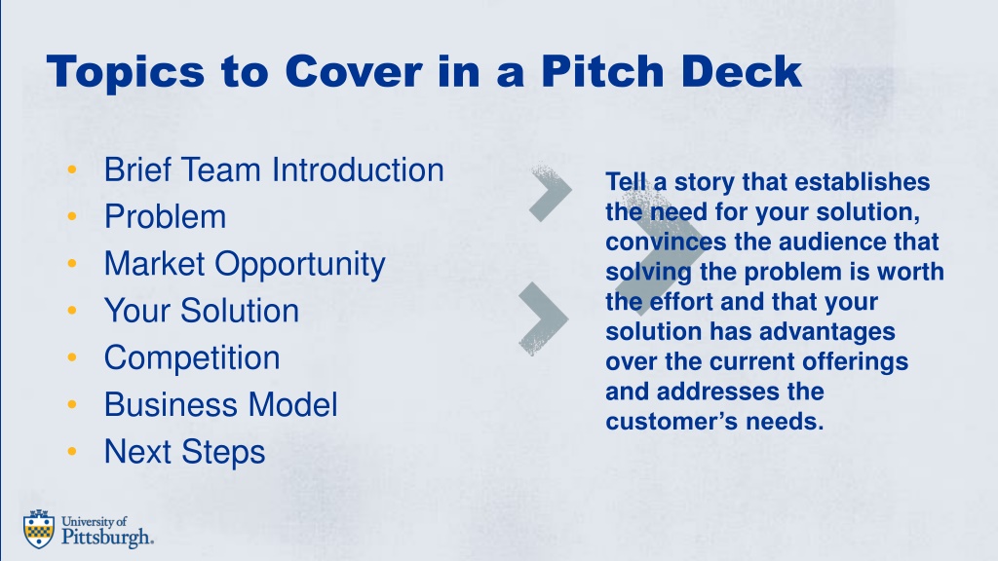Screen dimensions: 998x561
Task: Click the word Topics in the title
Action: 126,72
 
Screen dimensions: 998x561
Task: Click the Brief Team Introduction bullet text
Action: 274,169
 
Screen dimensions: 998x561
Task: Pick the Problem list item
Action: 165,217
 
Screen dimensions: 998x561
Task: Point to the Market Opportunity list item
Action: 245,265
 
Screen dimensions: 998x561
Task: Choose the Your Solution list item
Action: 201,311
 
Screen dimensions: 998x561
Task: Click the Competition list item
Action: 192,358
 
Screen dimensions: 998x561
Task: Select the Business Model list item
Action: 220,405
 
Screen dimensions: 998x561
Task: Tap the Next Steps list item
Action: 184,452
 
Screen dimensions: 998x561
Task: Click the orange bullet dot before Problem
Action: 72,217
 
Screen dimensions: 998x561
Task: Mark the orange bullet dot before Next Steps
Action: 72,452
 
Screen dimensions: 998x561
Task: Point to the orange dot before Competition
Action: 72,358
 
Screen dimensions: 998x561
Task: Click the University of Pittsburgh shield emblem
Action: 39,529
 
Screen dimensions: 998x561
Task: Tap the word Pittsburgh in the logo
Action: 107,537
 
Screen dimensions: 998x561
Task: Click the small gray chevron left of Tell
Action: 552,193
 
